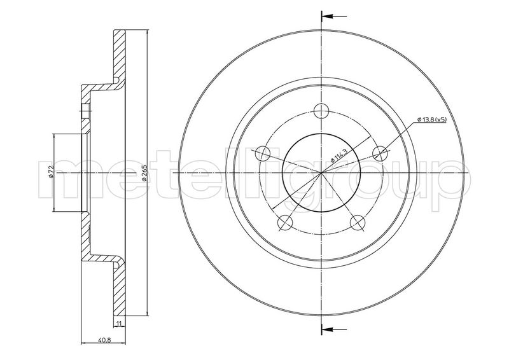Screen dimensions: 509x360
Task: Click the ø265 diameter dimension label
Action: pos(144,172)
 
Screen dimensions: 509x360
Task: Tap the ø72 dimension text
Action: pos(50,171)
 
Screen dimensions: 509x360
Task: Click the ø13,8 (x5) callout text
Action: pos(432,120)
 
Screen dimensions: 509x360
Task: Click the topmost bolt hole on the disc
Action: pos(321,111)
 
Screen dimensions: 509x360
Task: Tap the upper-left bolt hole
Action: pos(263,153)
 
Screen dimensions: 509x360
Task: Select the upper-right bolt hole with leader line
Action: pos(380,153)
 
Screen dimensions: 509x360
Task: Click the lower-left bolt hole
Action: pos(285,223)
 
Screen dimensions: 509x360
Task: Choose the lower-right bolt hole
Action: pos(358,223)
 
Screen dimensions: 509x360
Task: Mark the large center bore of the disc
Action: pos(321,172)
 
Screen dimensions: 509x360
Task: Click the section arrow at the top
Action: pos(334,15)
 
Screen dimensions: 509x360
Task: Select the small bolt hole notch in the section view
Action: pos(86,111)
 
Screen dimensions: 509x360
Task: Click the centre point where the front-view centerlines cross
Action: pos(321,172)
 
